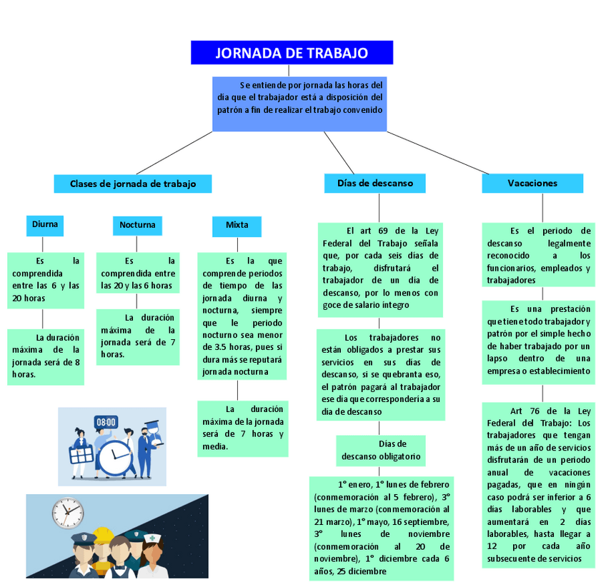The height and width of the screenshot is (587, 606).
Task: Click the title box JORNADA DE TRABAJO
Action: click(x=292, y=53)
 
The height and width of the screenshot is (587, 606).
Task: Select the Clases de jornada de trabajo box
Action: click(x=133, y=184)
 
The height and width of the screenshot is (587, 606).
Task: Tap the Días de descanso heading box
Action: click(x=374, y=183)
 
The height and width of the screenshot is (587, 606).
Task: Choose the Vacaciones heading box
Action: click(x=532, y=184)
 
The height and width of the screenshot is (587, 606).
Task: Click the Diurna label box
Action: click(x=44, y=224)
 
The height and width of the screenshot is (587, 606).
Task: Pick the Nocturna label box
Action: click(x=136, y=225)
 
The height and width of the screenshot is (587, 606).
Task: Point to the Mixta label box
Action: click(x=237, y=225)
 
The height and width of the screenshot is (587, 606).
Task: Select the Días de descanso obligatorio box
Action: click(x=381, y=450)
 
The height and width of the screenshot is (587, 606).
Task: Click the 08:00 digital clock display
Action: click(x=106, y=422)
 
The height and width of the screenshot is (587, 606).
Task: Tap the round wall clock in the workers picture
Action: click(x=67, y=513)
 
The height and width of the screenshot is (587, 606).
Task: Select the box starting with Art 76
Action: click(x=538, y=484)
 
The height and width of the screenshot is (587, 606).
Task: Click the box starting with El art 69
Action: click(x=380, y=268)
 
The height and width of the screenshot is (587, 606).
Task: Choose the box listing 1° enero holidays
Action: click(x=381, y=526)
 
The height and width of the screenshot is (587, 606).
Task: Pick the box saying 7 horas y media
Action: click(x=242, y=428)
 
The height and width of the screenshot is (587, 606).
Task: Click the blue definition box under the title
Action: click(x=300, y=104)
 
